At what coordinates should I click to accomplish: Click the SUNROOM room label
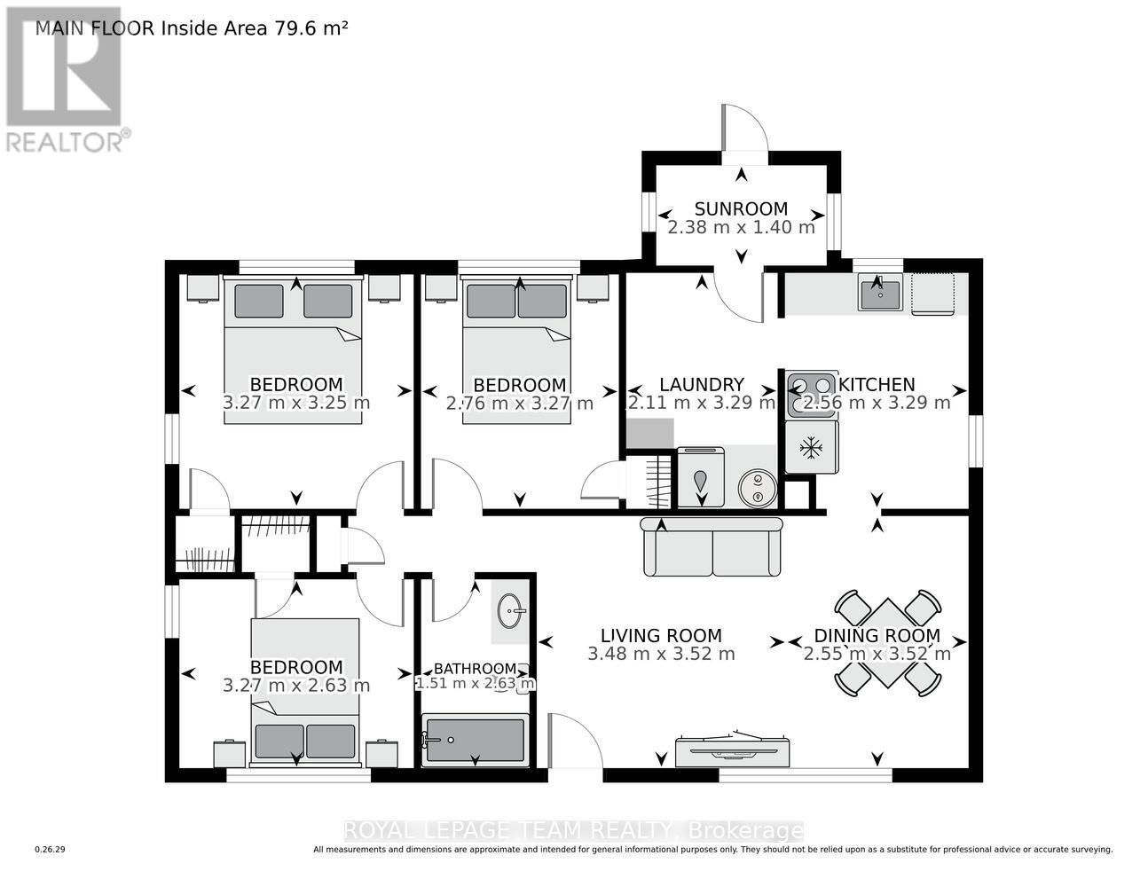point(741,208)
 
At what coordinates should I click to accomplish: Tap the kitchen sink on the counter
point(879,294)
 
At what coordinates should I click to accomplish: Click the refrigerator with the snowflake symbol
point(811,448)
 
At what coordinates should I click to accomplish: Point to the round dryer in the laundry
point(758,487)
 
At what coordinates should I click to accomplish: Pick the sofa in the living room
point(712,547)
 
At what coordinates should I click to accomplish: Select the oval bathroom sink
point(511,610)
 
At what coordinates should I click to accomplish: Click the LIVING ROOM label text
point(661,635)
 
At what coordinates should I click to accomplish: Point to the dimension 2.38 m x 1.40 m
point(741,227)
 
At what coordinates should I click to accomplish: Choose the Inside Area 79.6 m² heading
point(191,27)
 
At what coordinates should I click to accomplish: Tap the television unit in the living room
point(732,750)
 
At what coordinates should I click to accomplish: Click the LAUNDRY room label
point(701,384)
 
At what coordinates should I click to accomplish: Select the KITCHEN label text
point(877,384)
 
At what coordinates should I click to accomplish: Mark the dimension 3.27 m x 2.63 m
point(296,686)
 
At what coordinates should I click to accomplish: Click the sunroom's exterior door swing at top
point(745,129)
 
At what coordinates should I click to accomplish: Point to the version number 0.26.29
point(50,850)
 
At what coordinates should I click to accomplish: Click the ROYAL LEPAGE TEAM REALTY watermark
point(573,831)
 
